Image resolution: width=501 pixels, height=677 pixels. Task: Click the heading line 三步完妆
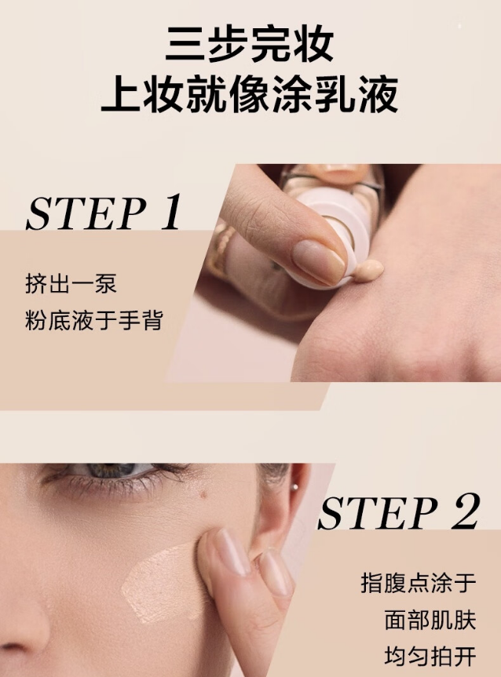click(250, 44)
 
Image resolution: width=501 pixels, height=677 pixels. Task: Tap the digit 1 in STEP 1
click(170, 212)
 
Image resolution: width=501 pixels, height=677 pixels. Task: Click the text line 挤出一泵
click(71, 284)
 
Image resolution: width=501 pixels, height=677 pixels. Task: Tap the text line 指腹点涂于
click(418, 583)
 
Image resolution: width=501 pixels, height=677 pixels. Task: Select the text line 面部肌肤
click(430, 620)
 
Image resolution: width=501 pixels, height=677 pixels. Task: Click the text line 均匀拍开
click(430, 657)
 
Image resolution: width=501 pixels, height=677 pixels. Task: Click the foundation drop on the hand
click(368, 271)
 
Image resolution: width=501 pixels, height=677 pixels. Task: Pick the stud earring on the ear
click(295, 487)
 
